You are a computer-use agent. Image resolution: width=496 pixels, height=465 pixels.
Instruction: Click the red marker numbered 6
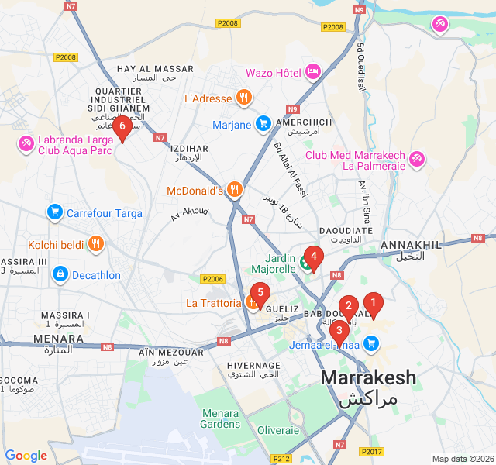[122, 126]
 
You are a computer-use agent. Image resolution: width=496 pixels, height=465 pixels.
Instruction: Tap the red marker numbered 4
[313, 255]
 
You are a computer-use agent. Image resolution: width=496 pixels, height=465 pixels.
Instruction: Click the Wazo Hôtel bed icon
[313, 73]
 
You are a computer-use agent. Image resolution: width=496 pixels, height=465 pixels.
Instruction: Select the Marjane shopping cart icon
[263, 124]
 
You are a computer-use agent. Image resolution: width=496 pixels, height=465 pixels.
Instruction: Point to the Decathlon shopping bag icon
[60, 274]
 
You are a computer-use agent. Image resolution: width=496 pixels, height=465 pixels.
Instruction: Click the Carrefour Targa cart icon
[54, 212]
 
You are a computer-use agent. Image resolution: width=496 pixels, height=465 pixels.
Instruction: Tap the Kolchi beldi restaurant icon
[96, 244]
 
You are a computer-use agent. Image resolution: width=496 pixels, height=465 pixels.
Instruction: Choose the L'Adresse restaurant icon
[244, 98]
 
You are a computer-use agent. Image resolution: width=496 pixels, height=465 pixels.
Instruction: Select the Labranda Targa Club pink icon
[26, 144]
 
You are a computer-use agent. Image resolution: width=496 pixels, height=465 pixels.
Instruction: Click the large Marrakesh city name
[368, 378]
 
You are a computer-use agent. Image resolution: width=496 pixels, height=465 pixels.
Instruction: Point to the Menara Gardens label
[220, 418]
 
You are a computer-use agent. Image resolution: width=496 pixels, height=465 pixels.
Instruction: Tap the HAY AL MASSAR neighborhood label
[155, 69]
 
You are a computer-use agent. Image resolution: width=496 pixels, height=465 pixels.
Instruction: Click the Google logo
[26, 456]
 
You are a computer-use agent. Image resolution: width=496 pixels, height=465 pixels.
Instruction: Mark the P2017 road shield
[370, 451]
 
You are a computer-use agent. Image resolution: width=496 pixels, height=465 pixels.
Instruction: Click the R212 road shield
[283, 459]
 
